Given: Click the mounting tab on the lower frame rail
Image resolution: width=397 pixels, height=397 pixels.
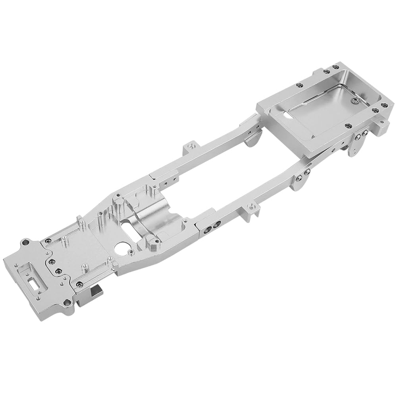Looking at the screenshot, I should coord(250,208).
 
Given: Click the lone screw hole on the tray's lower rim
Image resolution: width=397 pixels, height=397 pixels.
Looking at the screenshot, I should coord(348,126).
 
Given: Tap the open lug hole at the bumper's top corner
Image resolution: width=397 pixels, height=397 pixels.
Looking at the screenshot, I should coord(26,242).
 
